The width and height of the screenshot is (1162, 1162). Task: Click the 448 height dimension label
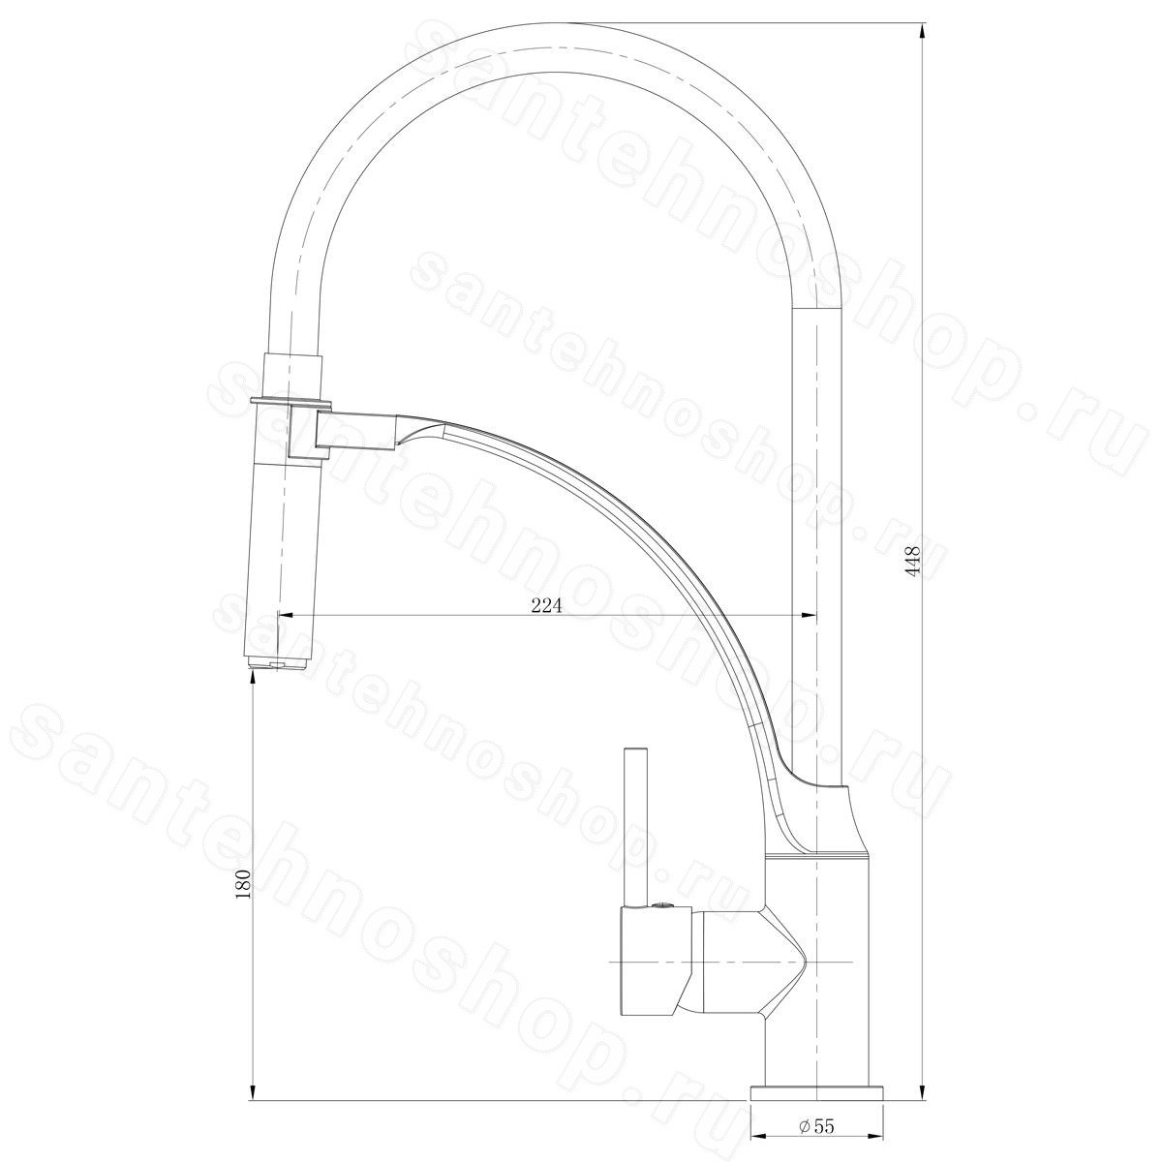click(915, 563)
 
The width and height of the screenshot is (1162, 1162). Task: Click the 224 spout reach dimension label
click(546, 606)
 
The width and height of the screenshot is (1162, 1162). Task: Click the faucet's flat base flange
click(816, 1077)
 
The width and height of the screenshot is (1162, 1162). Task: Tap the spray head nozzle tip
click(279, 665)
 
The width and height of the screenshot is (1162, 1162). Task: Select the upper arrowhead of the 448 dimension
click(924, 30)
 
